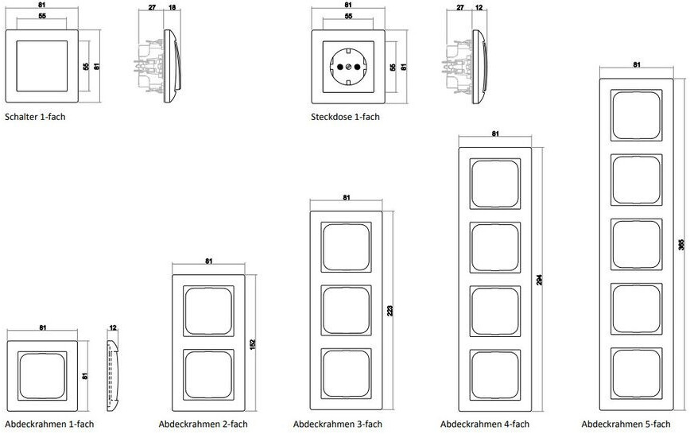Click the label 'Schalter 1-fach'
point(35,117)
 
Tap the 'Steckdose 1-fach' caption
point(345,117)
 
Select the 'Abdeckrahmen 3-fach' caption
point(338,424)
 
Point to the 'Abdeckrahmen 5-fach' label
point(626,424)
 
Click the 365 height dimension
point(681,244)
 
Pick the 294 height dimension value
point(540,280)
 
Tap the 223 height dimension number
point(390,311)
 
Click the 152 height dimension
point(253,344)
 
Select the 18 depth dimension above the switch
point(172,7)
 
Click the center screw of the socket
point(348,67)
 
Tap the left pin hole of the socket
point(339,67)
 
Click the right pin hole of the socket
point(357,67)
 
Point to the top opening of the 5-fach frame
point(636,115)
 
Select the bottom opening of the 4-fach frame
point(495,375)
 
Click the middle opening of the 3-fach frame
point(347,311)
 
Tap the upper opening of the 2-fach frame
point(208,312)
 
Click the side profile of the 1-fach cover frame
point(113,376)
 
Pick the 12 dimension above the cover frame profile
point(113,328)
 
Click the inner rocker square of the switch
point(42,66)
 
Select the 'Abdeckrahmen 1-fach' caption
point(49,424)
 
